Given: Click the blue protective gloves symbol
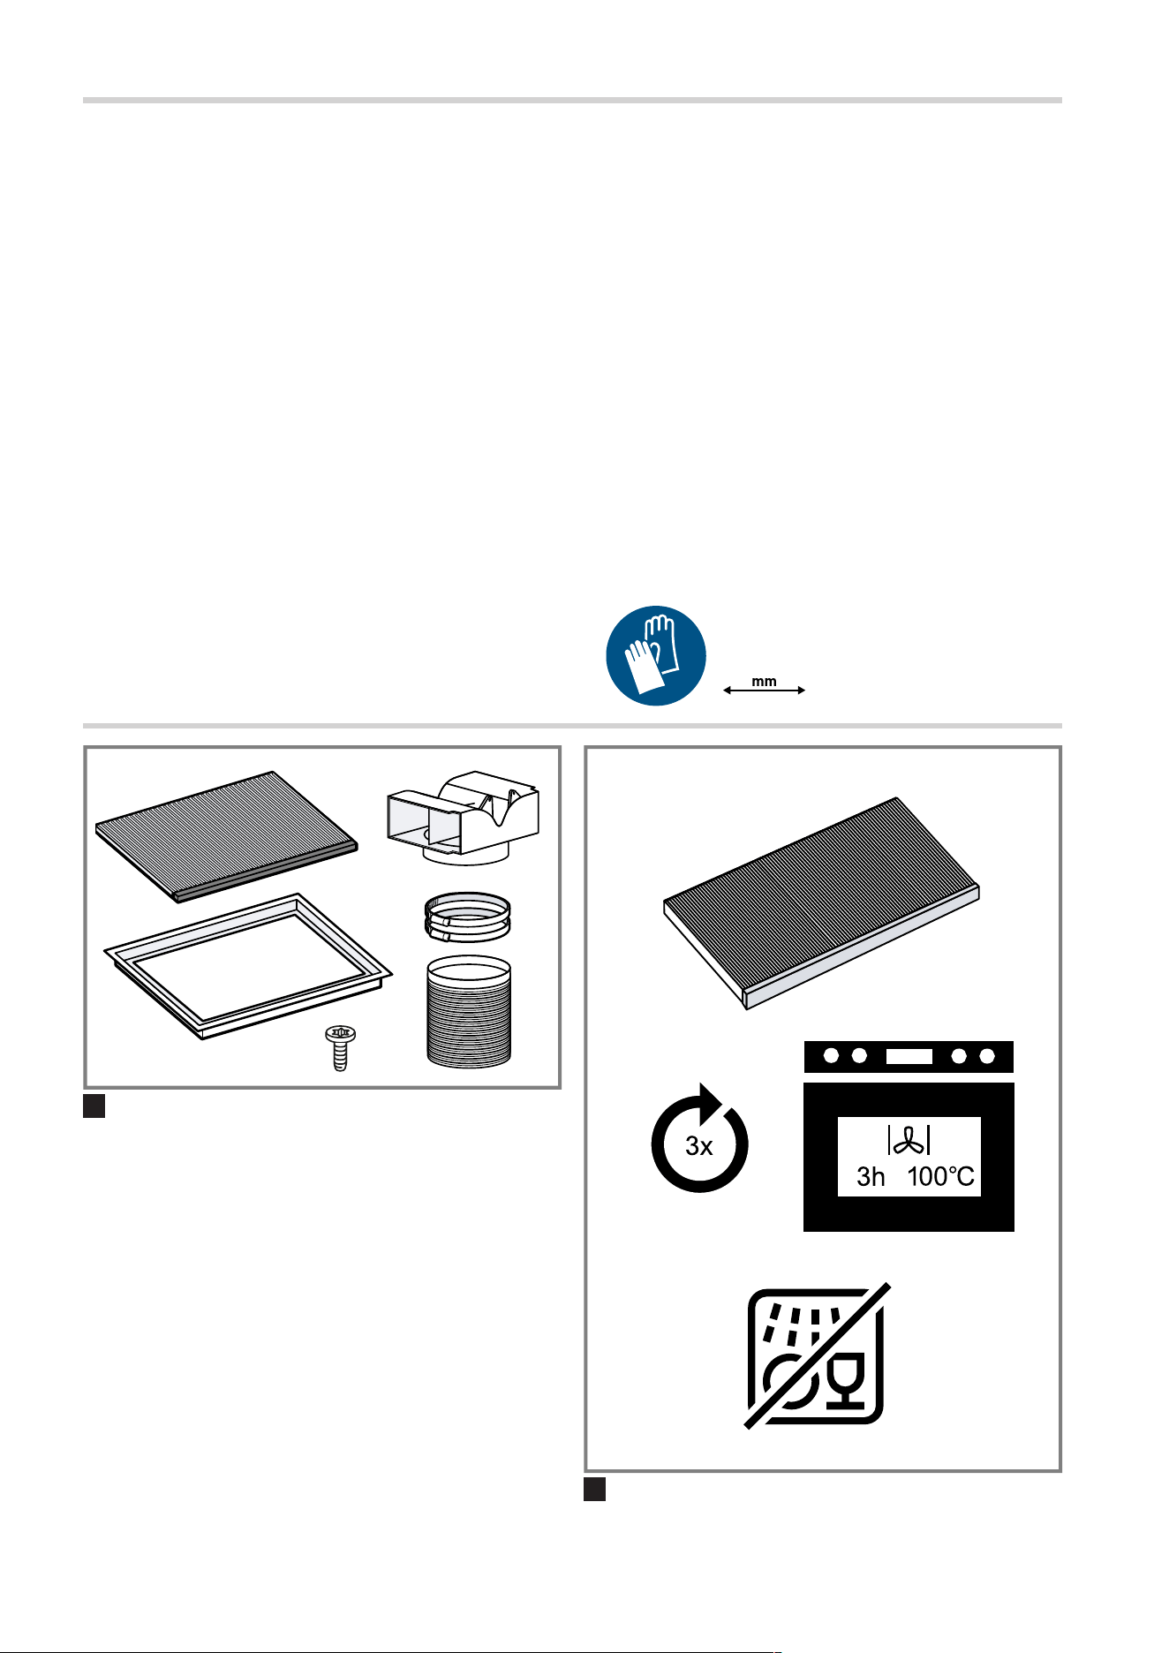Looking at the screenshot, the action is (x=656, y=655).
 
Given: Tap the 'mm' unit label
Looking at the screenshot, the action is (x=764, y=682).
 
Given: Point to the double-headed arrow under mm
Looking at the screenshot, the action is (x=765, y=691).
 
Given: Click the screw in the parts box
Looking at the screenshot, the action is (x=340, y=1047).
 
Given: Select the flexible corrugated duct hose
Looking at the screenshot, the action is (x=469, y=1011).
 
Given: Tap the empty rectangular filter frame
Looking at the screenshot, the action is (x=248, y=965).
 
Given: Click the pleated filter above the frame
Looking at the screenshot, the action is (x=227, y=835).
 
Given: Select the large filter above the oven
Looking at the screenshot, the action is (x=821, y=902).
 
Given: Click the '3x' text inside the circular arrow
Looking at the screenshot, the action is (x=699, y=1146).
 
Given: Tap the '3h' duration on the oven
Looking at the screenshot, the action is (x=871, y=1177).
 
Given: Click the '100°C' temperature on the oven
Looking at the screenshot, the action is (x=941, y=1177).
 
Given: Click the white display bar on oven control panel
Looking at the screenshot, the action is (x=909, y=1056).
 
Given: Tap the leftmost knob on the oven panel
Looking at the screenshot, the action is (x=831, y=1056).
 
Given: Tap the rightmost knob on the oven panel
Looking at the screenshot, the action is (x=987, y=1056).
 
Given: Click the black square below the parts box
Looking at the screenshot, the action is (x=94, y=1106).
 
